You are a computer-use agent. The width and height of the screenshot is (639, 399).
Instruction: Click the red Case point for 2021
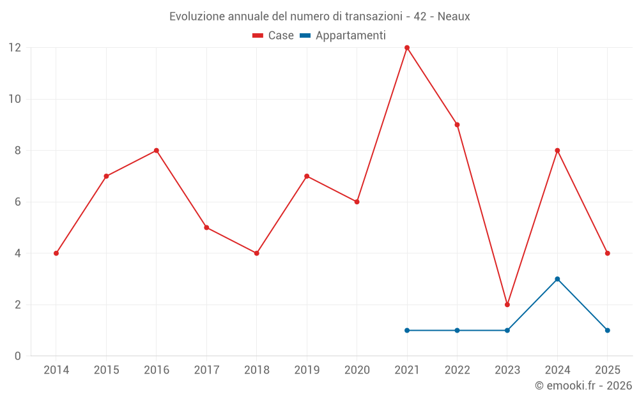coord(407,48)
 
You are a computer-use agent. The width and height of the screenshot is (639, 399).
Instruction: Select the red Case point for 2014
coord(56,253)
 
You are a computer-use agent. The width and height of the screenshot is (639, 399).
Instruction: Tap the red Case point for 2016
coord(157,151)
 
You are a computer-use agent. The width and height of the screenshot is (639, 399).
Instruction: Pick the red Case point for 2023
coord(507,305)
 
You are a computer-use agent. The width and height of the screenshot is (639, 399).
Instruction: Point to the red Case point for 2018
coord(257,253)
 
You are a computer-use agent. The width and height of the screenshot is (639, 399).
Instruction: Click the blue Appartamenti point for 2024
coord(557,279)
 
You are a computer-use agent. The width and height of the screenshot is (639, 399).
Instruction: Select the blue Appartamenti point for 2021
coord(407,330)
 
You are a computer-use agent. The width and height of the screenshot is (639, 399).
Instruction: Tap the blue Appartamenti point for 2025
coord(608,330)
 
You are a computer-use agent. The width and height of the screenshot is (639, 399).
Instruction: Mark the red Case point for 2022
coord(457,124)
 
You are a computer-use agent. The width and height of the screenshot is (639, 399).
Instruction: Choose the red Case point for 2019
coord(307,176)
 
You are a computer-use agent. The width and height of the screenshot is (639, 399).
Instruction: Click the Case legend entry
coord(273,36)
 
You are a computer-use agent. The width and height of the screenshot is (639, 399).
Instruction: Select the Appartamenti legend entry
coord(343,36)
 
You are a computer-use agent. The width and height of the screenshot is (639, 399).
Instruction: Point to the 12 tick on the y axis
coord(15,48)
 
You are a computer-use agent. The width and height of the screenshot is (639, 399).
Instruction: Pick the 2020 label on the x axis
coord(357,370)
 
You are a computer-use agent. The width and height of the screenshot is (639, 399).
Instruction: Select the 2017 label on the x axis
coord(206,370)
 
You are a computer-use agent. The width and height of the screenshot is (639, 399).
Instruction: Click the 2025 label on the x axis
coord(608,370)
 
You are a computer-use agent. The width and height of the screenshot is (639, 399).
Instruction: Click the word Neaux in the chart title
coord(454,17)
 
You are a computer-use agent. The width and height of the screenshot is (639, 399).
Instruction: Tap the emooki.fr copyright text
coord(583,386)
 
